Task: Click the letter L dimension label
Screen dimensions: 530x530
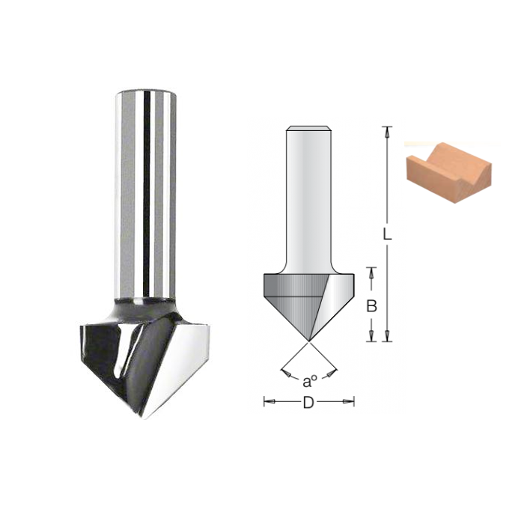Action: (387, 234)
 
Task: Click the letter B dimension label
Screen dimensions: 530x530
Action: (371, 306)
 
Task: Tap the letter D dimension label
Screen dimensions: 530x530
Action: (308, 403)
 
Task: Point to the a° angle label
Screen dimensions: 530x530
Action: (310, 382)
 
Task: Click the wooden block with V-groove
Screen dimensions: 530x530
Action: (448, 173)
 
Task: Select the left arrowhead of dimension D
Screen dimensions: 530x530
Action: (269, 401)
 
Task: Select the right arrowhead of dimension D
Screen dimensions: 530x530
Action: (348, 401)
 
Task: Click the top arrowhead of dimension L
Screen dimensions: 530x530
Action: (387, 132)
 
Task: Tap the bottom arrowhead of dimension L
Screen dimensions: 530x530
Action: (387, 335)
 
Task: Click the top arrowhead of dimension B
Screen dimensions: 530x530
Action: (371, 273)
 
